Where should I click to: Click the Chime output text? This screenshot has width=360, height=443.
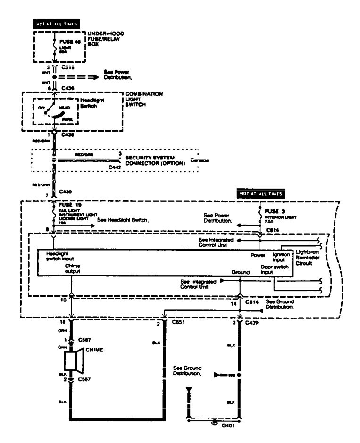73,269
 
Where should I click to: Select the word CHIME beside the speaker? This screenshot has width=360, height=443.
95,351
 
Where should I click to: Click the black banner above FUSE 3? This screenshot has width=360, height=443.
262,193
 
